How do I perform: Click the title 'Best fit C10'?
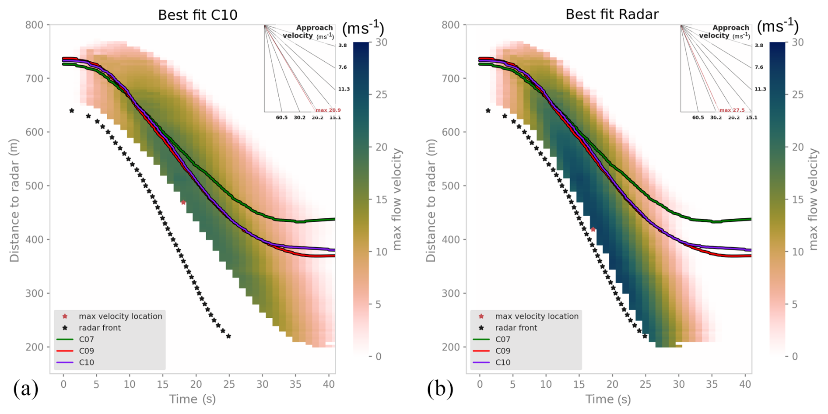pyautogui.click(x=197, y=15)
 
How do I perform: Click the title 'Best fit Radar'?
pyautogui.click(x=612, y=14)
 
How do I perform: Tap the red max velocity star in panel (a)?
pyautogui.click(x=183, y=202)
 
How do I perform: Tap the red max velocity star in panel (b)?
pyautogui.click(x=593, y=229)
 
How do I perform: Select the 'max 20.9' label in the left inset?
pyautogui.click(x=328, y=110)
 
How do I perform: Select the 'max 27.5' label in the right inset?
pyautogui.click(x=732, y=110)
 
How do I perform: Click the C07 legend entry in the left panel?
pyautogui.click(x=86, y=339)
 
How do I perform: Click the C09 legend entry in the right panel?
pyautogui.click(x=503, y=351)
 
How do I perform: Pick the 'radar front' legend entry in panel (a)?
pyautogui.click(x=99, y=328)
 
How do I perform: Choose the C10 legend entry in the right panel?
pyautogui.click(x=503, y=362)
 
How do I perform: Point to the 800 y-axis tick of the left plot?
pyautogui.click(x=34, y=25)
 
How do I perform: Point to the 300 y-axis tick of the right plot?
pyautogui.click(x=450, y=293)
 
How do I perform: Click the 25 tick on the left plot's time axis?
pyautogui.click(x=229, y=384)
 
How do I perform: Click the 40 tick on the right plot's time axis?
pyautogui.click(x=745, y=384)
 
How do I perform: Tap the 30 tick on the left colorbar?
pyautogui.click(x=382, y=42)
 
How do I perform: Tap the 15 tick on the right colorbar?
pyautogui.click(x=798, y=200)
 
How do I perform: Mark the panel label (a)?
pyautogui.click(x=26, y=389)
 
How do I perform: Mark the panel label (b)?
pyautogui.click(x=440, y=389)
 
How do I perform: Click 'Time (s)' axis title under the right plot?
pyautogui.click(x=608, y=399)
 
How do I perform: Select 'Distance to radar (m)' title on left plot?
pyautogui.click(x=14, y=200)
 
